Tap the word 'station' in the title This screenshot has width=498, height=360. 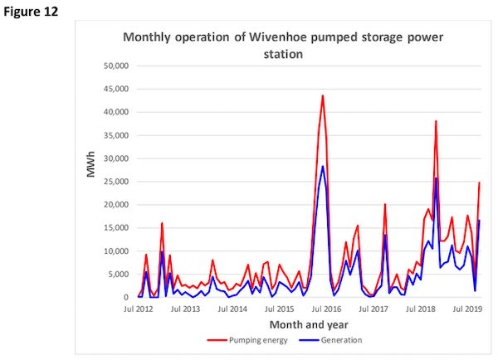point(279,54)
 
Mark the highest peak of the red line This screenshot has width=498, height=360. point(322,95)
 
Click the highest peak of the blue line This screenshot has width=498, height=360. point(322,167)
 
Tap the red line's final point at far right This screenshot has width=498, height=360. point(480,182)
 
